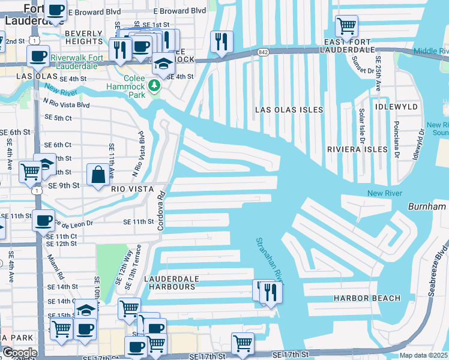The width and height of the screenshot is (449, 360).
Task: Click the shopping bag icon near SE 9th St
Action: point(98,175)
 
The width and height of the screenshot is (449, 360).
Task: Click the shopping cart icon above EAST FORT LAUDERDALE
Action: point(346,26)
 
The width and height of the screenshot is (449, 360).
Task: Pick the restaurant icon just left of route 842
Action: point(222,41)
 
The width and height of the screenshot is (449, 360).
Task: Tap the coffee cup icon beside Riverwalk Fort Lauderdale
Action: point(38,56)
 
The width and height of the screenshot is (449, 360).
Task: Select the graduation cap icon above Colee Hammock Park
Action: point(162,64)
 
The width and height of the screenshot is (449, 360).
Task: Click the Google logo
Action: point(19,353)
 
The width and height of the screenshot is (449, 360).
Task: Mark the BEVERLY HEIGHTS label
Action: point(84,37)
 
